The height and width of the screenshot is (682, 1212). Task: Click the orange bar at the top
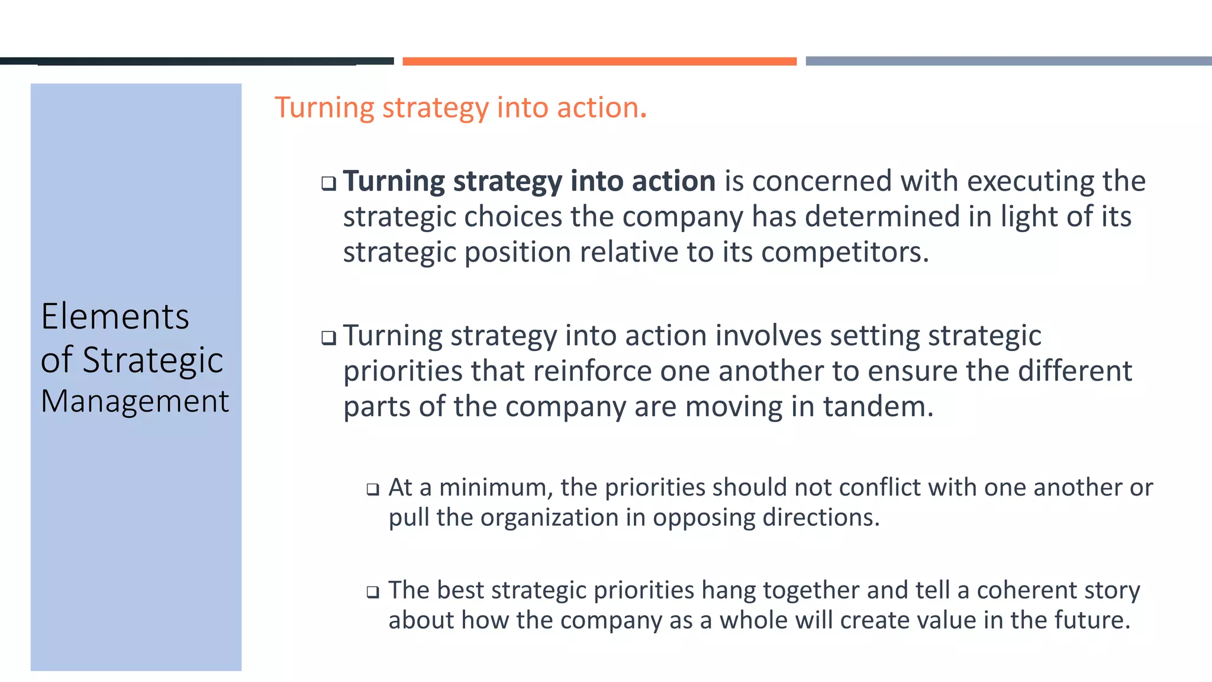(599, 61)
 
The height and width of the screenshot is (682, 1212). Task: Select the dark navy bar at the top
(196, 61)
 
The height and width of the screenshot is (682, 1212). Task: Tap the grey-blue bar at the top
(1008, 61)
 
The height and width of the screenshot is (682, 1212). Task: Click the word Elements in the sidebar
(115, 316)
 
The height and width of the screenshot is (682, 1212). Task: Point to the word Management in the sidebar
(134, 401)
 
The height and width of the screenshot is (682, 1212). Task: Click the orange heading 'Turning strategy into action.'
(460, 108)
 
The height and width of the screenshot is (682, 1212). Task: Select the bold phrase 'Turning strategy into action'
(529, 181)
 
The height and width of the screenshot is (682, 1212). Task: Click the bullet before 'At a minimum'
(372, 489)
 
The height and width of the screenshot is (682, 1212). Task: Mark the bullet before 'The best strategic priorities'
(372, 591)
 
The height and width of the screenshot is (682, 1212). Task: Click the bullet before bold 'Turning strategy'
(328, 183)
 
